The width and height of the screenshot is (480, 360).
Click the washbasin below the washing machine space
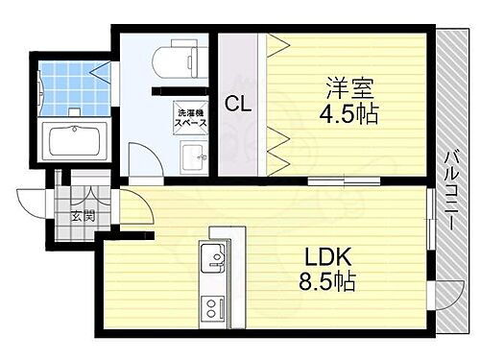193,155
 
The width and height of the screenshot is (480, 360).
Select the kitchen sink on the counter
214,256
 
